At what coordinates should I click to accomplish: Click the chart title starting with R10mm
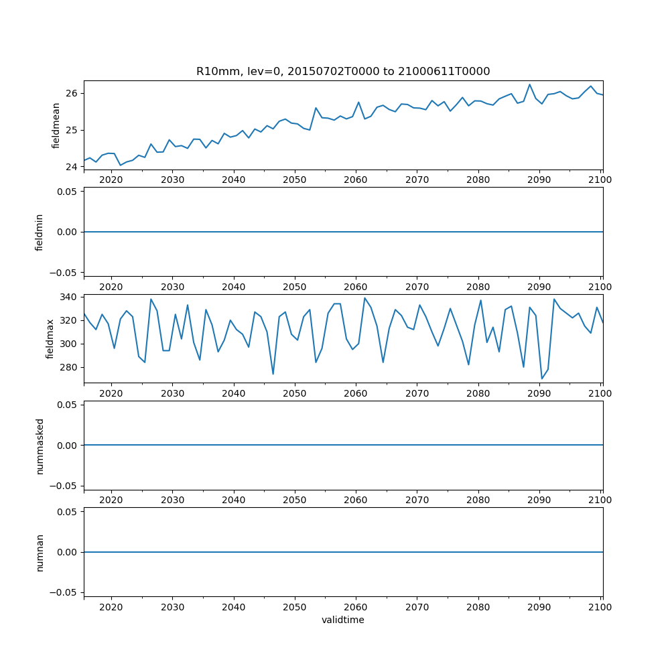point(343,71)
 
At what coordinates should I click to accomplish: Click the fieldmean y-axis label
point(56,125)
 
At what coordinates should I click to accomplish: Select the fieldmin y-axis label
point(40,232)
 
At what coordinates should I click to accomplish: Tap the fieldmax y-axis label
point(50,338)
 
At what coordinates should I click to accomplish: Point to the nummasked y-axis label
point(40,445)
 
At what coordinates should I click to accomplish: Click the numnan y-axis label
point(40,552)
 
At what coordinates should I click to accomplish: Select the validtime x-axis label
point(343,620)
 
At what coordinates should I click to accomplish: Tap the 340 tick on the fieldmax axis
point(68,297)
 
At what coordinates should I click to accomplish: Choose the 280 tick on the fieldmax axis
point(68,368)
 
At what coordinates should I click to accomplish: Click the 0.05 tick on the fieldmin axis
point(66,192)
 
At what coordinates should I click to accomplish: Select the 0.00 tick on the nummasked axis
point(66,445)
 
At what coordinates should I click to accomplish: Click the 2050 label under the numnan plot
point(295,606)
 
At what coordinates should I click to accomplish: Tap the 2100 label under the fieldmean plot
point(600,180)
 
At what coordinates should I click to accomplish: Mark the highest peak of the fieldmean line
point(529,84)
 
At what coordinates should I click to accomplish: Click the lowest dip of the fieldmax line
point(542,379)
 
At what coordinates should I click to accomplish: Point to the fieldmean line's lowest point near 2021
point(121,165)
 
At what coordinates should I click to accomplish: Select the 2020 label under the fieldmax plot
point(111,393)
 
